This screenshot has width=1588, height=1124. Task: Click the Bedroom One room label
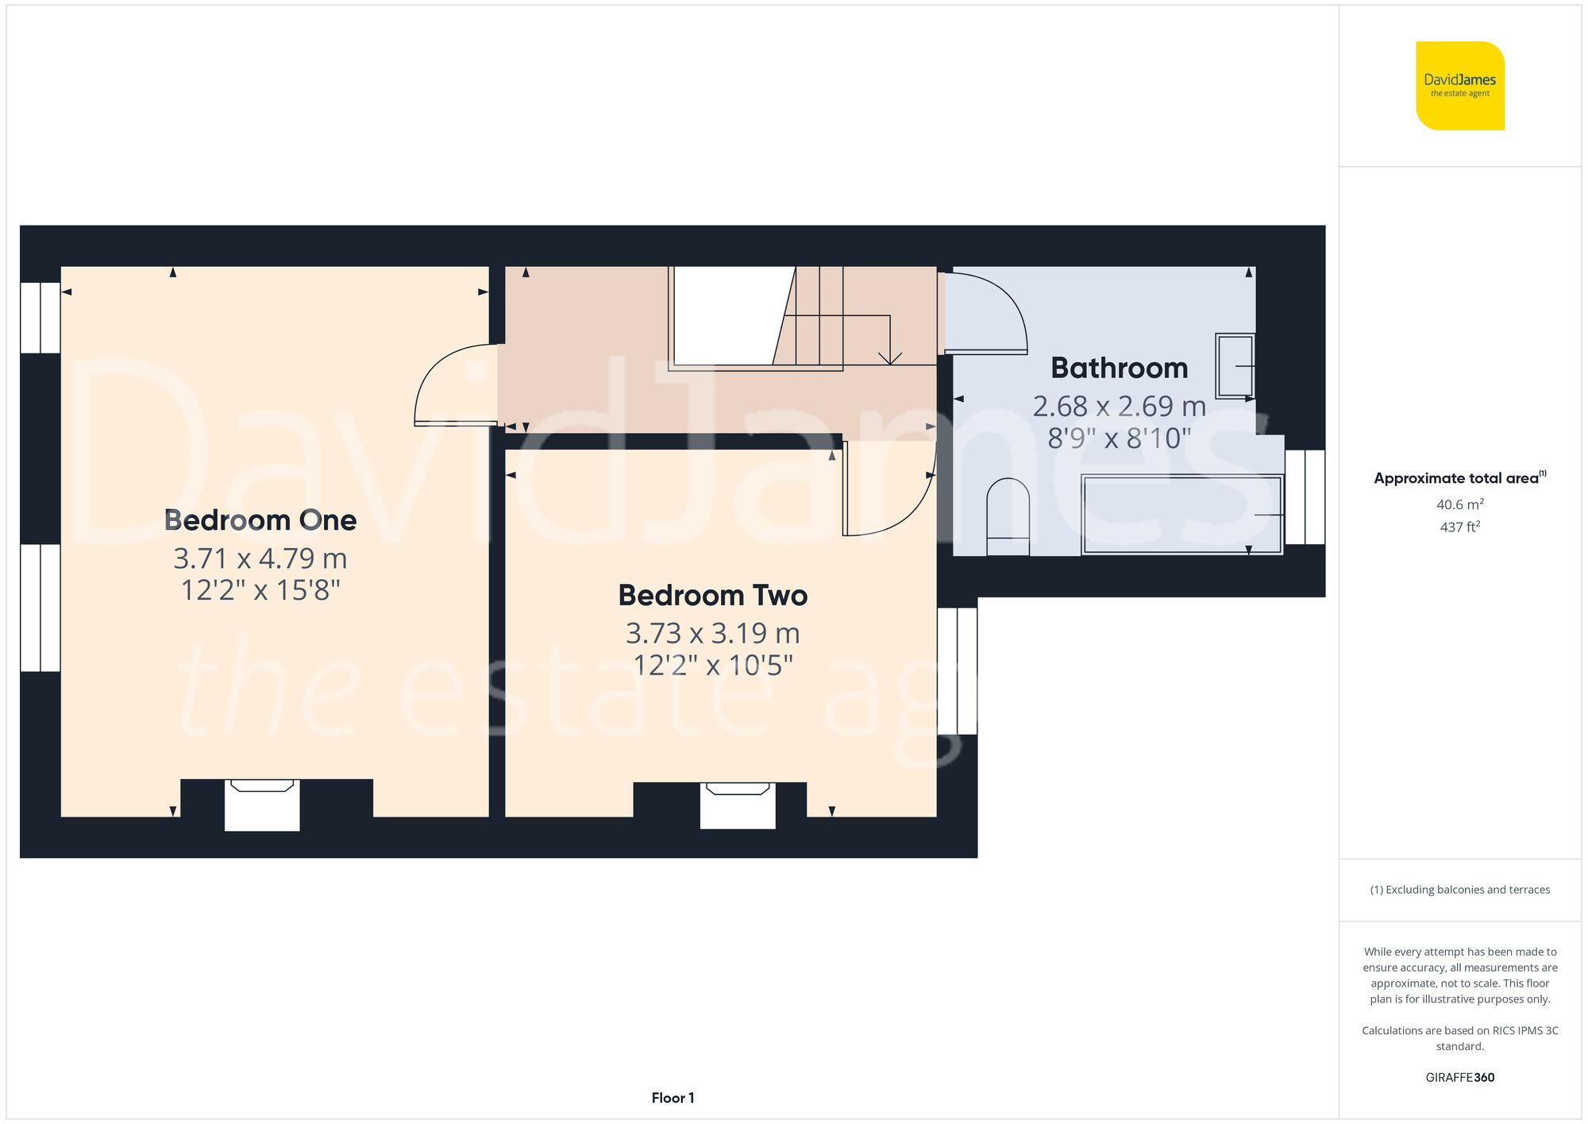click(x=260, y=520)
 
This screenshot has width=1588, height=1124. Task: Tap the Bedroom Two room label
click(x=712, y=595)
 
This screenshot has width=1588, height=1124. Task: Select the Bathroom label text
click(x=1119, y=368)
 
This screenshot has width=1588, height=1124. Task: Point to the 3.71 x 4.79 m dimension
click(x=260, y=558)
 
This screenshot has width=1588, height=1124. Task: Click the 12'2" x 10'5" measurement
click(x=712, y=665)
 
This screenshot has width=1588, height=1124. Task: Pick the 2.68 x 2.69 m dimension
click(x=1119, y=406)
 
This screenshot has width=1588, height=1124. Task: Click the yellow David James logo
click(x=1459, y=86)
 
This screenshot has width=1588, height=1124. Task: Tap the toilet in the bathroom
click(x=1008, y=517)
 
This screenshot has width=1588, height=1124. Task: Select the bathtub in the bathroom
click(x=1181, y=515)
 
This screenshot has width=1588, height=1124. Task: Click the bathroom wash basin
click(x=1234, y=366)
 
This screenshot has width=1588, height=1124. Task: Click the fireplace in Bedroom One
click(x=262, y=804)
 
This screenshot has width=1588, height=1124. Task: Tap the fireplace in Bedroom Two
click(x=738, y=804)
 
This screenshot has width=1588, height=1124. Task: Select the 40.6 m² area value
click(x=1459, y=504)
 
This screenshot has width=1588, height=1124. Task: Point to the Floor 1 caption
click(x=673, y=1098)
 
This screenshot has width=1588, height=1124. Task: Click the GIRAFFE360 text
click(x=1459, y=1077)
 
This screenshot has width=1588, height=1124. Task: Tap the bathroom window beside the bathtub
click(x=1305, y=497)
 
